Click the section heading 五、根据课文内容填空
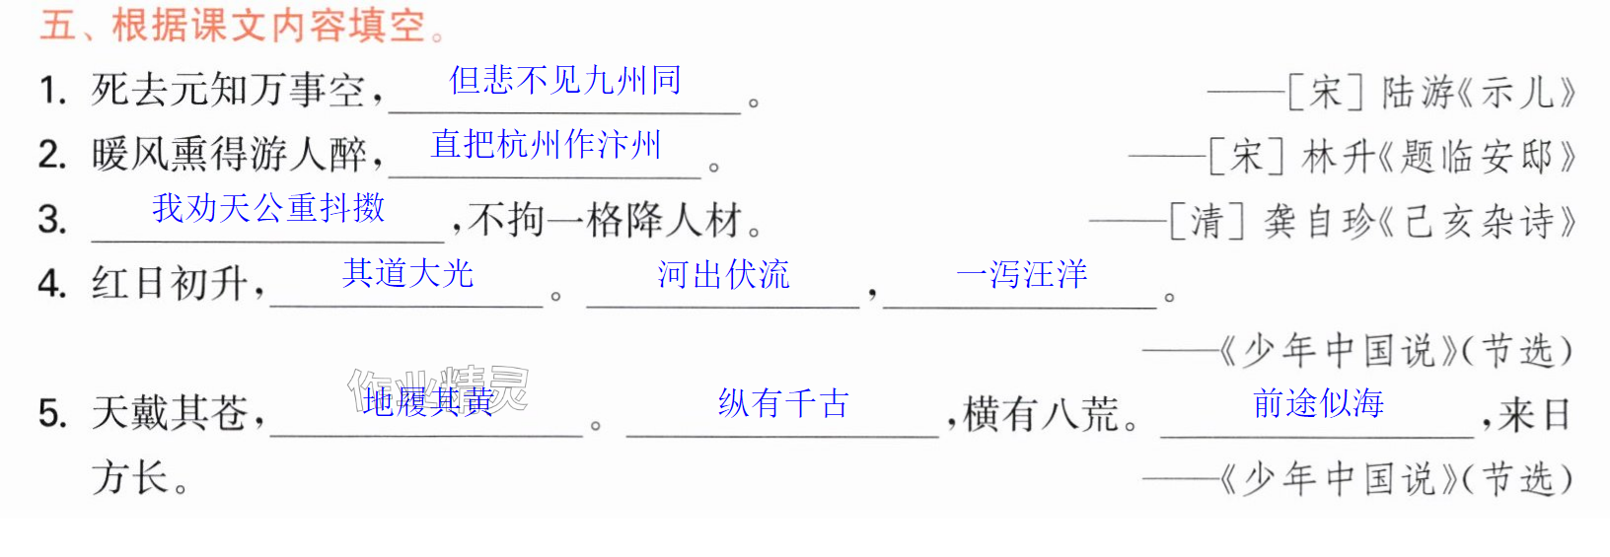[x=234, y=26]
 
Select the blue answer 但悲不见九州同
[x=565, y=80]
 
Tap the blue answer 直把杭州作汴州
[x=546, y=145]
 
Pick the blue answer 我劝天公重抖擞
[x=268, y=208]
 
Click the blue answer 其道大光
[x=407, y=274]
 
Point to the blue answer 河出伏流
[x=723, y=274]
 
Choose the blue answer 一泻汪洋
[x=1021, y=274]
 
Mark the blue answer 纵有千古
[x=783, y=403]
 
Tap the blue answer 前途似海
[x=1318, y=403]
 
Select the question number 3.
[x=52, y=219]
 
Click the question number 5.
[x=52, y=414]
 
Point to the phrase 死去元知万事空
[x=229, y=92]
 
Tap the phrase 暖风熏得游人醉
[x=229, y=155]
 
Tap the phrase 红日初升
[x=170, y=284]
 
